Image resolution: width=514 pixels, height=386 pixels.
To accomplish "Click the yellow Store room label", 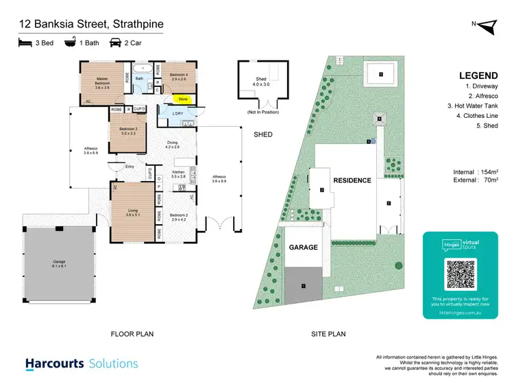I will [x=187, y=99].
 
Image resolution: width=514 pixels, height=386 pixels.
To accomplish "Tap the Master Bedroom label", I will [x=103, y=82].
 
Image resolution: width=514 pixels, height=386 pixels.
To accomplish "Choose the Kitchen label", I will [x=178, y=174].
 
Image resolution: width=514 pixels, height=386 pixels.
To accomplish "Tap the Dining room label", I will [x=172, y=145].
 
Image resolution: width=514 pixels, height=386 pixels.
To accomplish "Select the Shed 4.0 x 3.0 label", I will [x=261, y=82].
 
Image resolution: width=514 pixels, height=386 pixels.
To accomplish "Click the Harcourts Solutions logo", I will [x=82, y=364].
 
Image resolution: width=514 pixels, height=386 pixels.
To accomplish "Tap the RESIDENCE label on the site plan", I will [x=352, y=181].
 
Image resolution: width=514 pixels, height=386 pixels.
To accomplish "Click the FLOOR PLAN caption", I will [x=132, y=334].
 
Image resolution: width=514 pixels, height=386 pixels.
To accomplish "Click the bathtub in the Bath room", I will [x=143, y=68].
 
